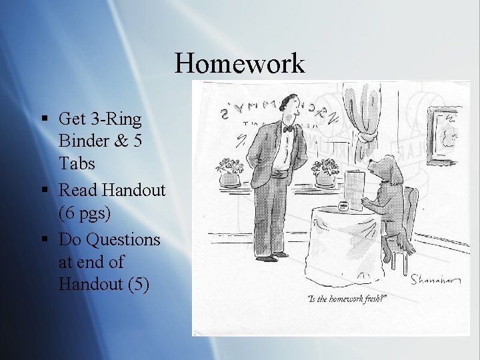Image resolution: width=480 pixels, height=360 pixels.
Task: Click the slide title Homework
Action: pyautogui.click(x=240, y=64)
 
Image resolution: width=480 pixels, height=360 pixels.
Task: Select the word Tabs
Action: pyautogui.click(x=77, y=163)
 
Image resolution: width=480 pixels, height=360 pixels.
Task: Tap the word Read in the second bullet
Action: pyautogui.click(x=76, y=190)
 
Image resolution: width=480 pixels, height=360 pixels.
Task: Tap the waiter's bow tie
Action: pyautogui.click(x=287, y=129)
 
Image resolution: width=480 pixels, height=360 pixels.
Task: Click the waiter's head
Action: pyautogui.click(x=288, y=106)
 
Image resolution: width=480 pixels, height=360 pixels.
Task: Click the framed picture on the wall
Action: pyautogui.click(x=445, y=135)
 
